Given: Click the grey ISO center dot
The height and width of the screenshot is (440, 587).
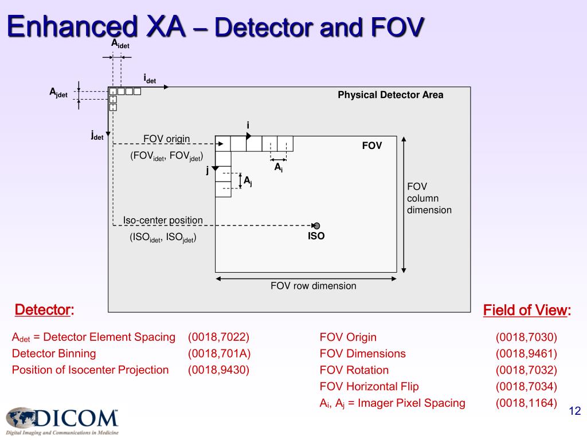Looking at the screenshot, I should [x=316, y=226].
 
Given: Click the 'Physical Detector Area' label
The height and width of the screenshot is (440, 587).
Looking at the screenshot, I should [x=390, y=95].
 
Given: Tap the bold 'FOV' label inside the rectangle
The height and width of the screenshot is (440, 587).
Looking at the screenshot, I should [x=371, y=146].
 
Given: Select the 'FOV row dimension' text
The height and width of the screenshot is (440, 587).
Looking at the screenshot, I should [x=313, y=286].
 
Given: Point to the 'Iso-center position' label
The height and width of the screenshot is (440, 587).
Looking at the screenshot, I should [x=163, y=220].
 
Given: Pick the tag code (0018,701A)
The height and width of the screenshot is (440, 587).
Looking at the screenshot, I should [x=219, y=353].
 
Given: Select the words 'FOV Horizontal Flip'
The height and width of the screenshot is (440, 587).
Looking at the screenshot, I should [x=369, y=387].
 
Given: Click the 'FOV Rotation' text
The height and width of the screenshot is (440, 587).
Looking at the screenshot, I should [x=354, y=370].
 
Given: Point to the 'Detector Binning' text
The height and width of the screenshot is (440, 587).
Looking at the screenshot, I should [x=54, y=353].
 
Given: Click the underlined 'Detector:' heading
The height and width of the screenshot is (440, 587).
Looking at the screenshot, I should [x=44, y=311].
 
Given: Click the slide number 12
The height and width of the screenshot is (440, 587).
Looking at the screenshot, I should [x=574, y=411].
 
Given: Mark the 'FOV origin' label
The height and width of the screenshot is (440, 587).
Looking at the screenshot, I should [x=166, y=139].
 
